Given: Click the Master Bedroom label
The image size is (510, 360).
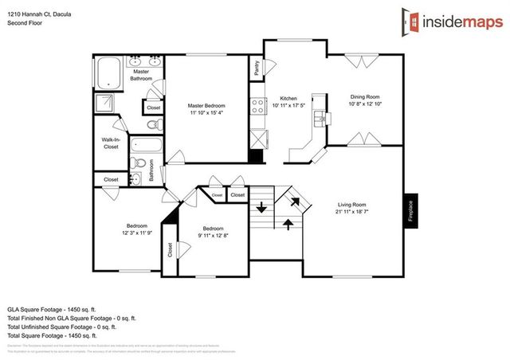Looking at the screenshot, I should [206, 105].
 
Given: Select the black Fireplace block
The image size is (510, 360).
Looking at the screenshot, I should [412, 211].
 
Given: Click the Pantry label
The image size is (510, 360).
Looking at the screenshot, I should [257, 69].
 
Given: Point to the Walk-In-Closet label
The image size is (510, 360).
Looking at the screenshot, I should [111, 143].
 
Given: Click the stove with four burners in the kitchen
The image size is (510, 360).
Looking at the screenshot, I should [257, 106].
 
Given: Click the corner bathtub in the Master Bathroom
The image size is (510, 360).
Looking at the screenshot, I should [108, 73].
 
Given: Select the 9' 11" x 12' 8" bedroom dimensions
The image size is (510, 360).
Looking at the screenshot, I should [213, 236].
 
